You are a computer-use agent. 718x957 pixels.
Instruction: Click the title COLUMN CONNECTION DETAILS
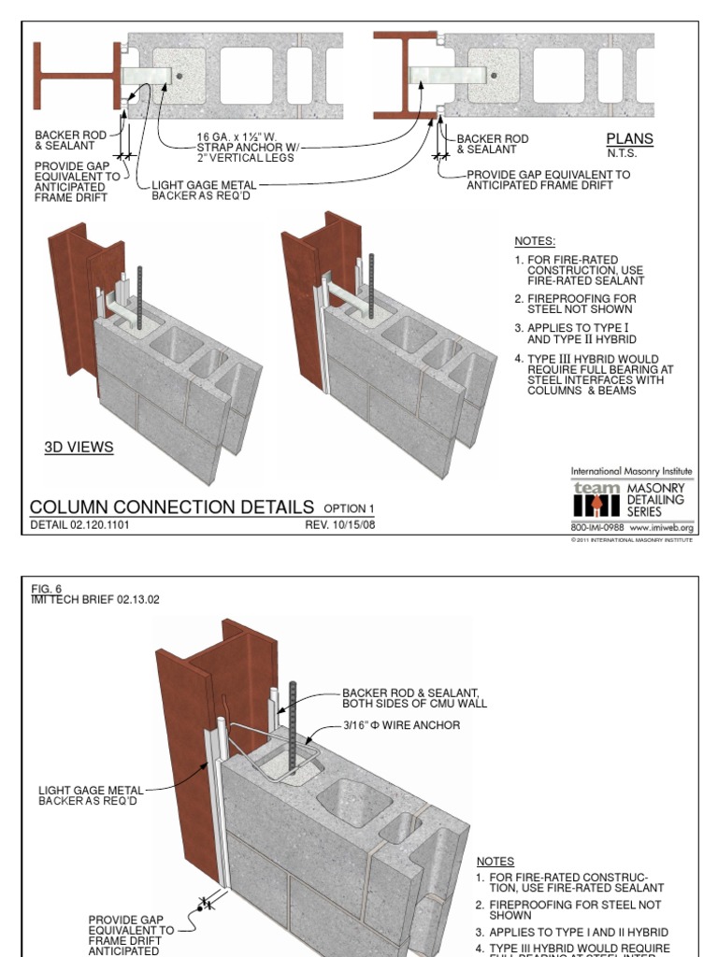172,507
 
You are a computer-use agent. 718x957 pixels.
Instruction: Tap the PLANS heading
629,139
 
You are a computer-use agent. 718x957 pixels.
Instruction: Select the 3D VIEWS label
79,448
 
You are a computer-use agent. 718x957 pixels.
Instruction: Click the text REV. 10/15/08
340,525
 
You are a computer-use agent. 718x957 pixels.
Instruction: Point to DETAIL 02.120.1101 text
79,525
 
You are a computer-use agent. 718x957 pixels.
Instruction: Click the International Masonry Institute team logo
596,501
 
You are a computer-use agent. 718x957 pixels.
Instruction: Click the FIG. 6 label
46,589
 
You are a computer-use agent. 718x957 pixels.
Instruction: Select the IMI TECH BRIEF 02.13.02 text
95,599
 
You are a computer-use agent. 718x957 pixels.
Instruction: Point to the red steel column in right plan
408,76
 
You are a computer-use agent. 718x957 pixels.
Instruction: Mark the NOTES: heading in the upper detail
535,241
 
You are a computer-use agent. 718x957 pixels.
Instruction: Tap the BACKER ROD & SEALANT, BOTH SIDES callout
414,698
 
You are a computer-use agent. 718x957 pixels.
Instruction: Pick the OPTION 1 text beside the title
349,508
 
